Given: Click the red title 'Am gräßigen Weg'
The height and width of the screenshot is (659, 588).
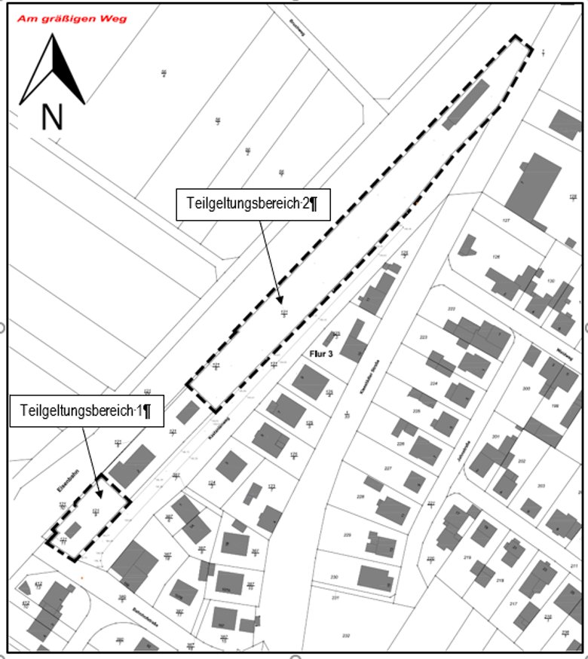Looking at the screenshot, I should click(x=63, y=17).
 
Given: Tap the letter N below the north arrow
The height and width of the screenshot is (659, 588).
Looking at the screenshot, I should click(x=51, y=117).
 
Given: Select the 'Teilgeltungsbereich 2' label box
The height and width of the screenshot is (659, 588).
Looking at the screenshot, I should click(x=253, y=203).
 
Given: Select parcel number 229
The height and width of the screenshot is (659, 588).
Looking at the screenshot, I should click(x=348, y=535).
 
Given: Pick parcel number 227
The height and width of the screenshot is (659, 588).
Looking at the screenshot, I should click(x=387, y=468).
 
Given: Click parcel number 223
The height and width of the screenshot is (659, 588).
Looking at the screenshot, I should click(x=422, y=337).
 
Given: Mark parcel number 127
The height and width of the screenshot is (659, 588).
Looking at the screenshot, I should click(x=507, y=220).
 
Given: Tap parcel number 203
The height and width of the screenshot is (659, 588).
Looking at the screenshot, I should click(x=541, y=485).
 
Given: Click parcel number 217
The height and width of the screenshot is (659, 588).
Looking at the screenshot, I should click(x=513, y=605).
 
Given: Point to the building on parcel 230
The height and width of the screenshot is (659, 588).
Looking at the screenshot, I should click(x=375, y=578).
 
